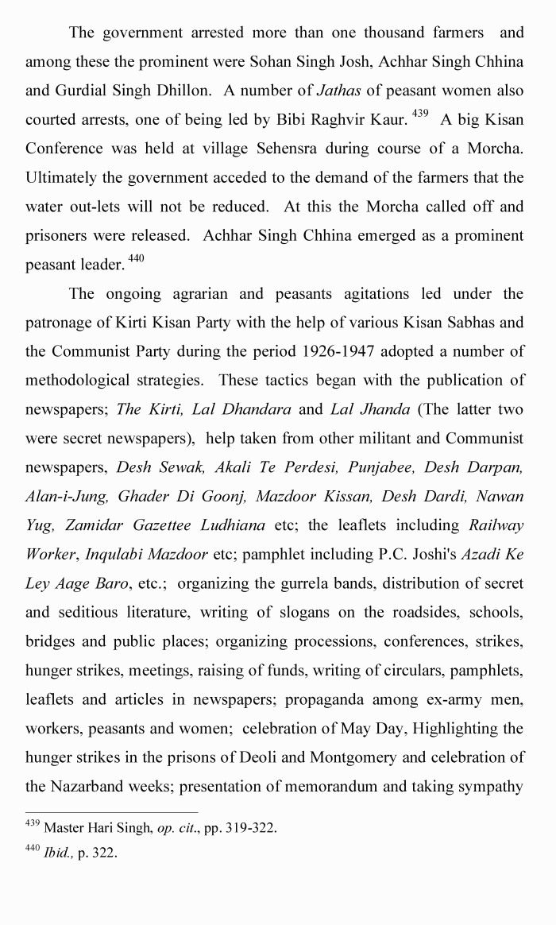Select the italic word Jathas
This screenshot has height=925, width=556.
click(338, 91)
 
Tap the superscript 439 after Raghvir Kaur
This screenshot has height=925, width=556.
click(420, 114)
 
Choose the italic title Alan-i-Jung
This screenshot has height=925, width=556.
click(67, 496)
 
